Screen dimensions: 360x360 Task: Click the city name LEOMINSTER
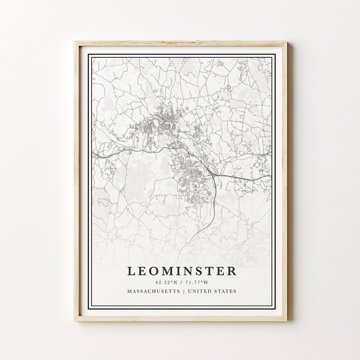tap(182, 271)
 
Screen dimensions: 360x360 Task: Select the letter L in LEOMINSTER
tap(131, 271)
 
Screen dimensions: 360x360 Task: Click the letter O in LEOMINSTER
tap(154, 271)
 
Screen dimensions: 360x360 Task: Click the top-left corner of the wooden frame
tap(75, 42)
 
